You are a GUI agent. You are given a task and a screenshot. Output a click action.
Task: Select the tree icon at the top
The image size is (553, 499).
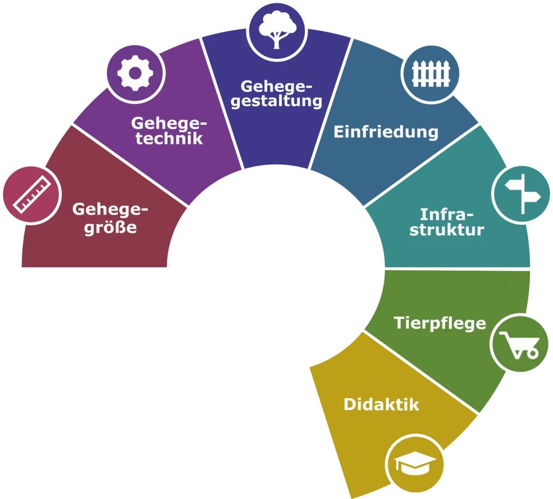[x=277, y=30]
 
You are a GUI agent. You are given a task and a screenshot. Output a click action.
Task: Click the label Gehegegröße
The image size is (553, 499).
[x=110, y=218]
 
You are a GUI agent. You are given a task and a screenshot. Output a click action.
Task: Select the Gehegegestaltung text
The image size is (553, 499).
[x=276, y=93]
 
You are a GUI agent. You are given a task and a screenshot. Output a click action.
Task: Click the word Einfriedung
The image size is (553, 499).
[x=386, y=132]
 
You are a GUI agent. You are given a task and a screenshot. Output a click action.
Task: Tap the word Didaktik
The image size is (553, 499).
[x=381, y=404]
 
